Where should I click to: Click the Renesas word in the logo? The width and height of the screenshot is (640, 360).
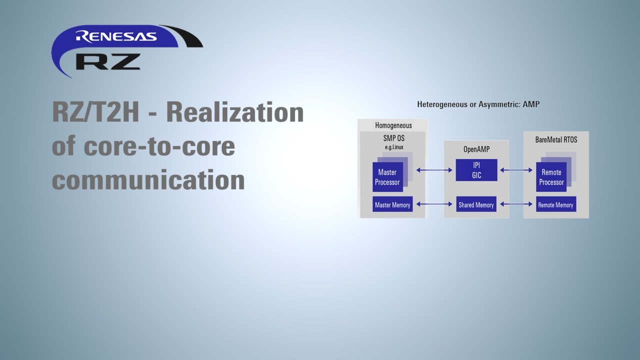point(116,36)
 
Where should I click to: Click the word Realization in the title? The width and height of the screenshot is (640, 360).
point(235,112)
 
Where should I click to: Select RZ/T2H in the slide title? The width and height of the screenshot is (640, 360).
point(95,112)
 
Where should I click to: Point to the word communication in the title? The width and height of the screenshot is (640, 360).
point(148,179)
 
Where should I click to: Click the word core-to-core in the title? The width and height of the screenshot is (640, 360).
point(159,146)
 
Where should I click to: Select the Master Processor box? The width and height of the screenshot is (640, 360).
point(387,177)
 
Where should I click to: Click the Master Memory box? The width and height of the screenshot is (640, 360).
point(392,204)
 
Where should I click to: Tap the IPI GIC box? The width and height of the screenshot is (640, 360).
point(476,170)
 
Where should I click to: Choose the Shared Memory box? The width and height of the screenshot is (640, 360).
point(476,204)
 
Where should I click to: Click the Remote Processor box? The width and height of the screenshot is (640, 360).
point(551,177)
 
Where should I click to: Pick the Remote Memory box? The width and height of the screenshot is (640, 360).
point(555,204)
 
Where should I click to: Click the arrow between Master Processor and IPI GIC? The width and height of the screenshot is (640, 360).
point(434,170)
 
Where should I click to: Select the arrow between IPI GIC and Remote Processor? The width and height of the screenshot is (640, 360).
point(516,170)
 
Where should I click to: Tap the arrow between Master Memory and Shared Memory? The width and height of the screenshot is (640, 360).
point(434,204)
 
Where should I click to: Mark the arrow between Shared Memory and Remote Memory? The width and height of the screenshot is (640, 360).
point(516,204)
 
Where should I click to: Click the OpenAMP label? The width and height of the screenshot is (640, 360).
point(476,149)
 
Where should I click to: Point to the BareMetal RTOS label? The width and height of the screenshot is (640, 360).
point(556,139)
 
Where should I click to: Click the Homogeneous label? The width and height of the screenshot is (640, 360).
point(393,125)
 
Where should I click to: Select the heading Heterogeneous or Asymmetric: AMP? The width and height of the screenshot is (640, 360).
point(478,104)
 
